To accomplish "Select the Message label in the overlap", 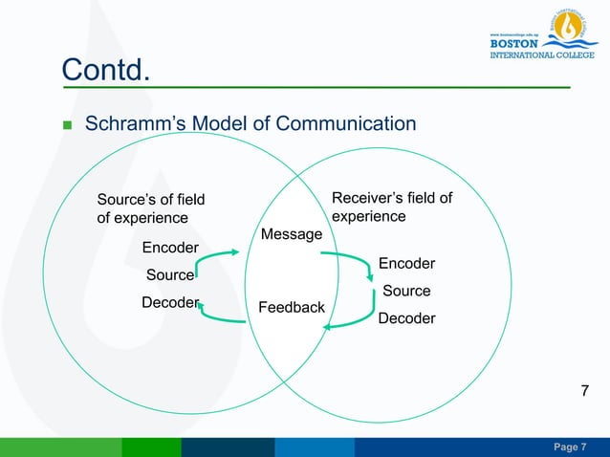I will pyautogui.click(x=292, y=234).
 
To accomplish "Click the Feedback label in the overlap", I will pyautogui.click(x=292, y=307).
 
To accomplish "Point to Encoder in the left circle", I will pyautogui.click(x=170, y=249).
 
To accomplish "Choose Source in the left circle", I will pyautogui.click(x=170, y=275).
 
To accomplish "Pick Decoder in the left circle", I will pyautogui.click(x=170, y=303).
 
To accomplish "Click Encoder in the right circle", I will pyautogui.click(x=406, y=263).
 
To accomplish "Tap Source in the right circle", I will pyautogui.click(x=406, y=291).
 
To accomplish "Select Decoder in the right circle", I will pyautogui.click(x=406, y=317).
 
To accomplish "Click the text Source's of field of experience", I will pyautogui.click(x=151, y=208).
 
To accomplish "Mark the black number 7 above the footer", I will pyautogui.click(x=587, y=390).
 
